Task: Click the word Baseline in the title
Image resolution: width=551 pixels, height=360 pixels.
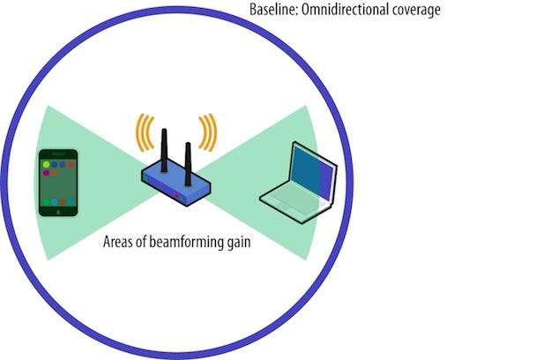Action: pos(275,11)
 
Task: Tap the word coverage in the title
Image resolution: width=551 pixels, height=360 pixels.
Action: pos(415,11)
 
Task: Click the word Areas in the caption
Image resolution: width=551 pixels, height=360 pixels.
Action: pos(120,241)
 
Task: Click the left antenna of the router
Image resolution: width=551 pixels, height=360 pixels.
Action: pos(164,150)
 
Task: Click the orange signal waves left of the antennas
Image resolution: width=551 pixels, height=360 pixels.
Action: pos(142,133)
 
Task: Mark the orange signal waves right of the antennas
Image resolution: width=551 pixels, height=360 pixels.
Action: pos(208,132)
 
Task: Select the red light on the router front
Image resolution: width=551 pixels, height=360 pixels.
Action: pos(179,195)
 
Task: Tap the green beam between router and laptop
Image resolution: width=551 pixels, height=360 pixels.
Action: pos(238,176)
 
